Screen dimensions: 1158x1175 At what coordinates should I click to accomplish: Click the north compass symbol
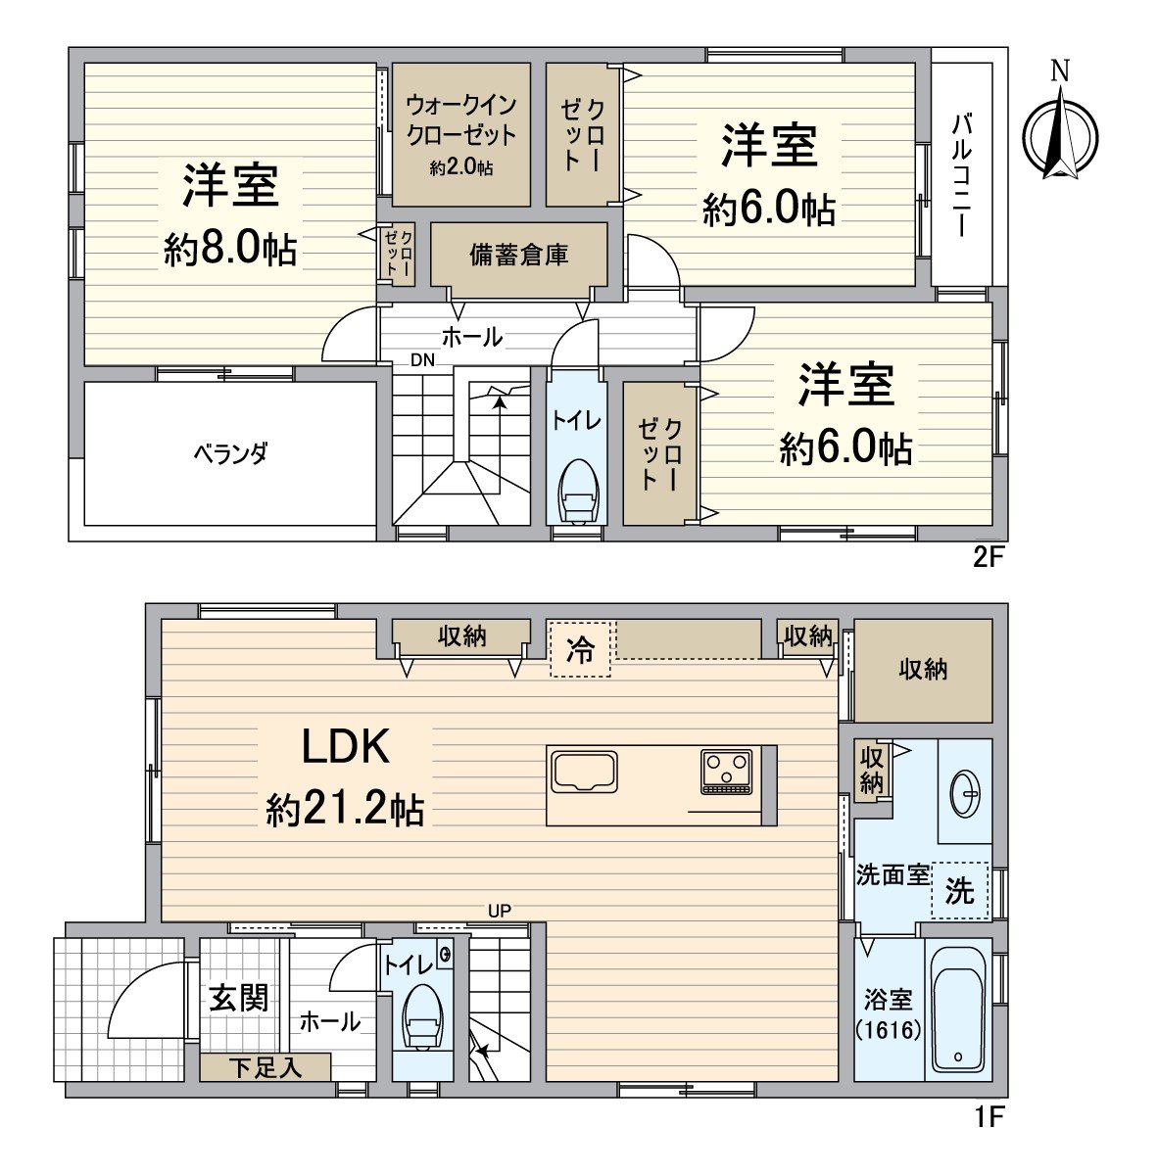(1061, 133)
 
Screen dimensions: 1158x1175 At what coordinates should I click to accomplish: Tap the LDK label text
(346, 748)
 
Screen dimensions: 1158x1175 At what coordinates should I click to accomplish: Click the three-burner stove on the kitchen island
(726, 772)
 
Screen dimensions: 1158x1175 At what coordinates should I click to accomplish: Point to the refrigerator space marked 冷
(580, 650)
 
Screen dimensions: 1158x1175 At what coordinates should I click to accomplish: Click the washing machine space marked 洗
(959, 890)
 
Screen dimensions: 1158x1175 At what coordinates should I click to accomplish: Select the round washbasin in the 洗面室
(965, 794)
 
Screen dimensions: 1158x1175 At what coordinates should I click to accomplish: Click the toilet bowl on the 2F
(577, 491)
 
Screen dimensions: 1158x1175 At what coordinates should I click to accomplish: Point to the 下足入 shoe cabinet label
(265, 1067)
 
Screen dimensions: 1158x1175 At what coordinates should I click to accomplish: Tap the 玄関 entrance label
(239, 1000)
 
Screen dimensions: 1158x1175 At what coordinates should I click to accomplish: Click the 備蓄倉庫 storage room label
(519, 255)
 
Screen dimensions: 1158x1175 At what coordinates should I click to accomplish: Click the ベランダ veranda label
(230, 453)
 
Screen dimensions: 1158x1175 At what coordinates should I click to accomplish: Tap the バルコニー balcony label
(961, 175)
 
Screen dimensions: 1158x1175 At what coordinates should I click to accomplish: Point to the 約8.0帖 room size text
(230, 249)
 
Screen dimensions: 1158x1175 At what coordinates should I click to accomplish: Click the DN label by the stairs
(423, 359)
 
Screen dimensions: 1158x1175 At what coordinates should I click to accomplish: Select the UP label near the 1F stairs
(499, 911)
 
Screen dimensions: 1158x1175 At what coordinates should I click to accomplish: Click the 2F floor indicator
(988, 558)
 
